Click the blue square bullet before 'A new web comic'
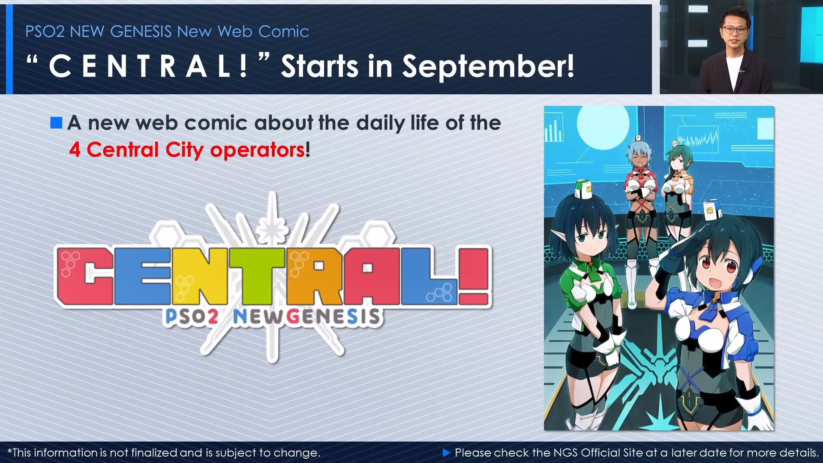tap(56, 123)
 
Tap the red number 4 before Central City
tap(75, 150)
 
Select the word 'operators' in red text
tap(257, 150)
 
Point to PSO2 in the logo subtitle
tap(192, 317)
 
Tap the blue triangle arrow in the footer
tap(446, 453)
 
